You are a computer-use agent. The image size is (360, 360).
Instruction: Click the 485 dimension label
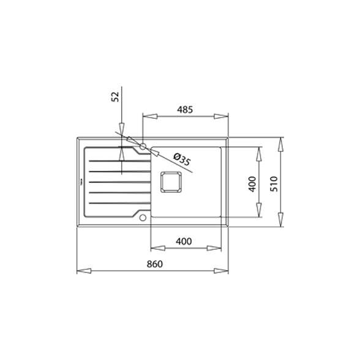tap(185, 110)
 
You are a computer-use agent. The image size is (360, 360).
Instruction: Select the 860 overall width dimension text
tap(154, 264)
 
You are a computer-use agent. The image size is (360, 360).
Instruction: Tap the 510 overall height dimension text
tap(274, 182)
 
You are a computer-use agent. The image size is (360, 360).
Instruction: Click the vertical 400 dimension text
tap(252, 182)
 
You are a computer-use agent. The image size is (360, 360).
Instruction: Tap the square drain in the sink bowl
tap(169, 182)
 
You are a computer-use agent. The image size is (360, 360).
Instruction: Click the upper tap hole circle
tap(143, 147)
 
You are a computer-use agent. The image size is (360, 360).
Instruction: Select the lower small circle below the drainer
tap(143, 217)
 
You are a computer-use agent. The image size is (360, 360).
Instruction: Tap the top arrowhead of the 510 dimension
tap(282, 144)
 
